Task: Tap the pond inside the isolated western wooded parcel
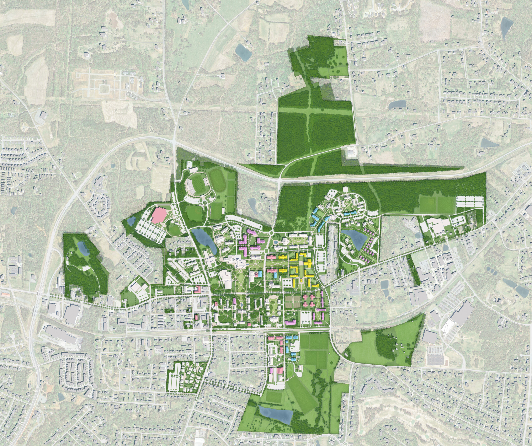click(x=83, y=248)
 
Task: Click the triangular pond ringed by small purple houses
click(x=355, y=238)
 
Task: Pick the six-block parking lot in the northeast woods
click(x=469, y=201)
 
